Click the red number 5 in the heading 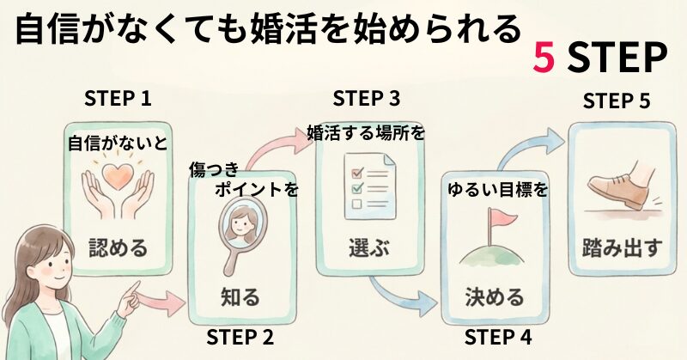tap(544, 58)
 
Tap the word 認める tap(118, 249)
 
